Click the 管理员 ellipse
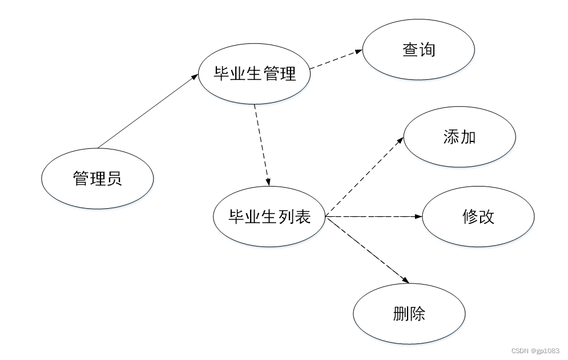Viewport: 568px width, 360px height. click(x=98, y=179)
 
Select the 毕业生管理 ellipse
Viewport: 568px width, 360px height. click(x=254, y=74)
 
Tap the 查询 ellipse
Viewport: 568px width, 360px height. click(x=418, y=50)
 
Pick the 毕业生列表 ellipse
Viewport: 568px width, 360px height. click(x=269, y=217)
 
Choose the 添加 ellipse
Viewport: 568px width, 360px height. click(x=460, y=137)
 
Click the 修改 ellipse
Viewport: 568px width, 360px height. click(x=478, y=217)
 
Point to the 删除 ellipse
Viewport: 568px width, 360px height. click(x=409, y=314)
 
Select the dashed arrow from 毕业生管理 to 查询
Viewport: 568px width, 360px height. click(x=336, y=59)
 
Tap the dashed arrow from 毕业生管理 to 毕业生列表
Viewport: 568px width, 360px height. click(x=261, y=145)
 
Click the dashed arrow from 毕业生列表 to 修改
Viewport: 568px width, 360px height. click(x=374, y=217)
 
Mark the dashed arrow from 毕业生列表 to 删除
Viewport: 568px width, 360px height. click(x=368, y=250)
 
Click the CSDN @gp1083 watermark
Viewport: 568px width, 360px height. click(x=535, y=350)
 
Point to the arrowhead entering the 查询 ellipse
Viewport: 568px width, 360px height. click(x=358, y=51)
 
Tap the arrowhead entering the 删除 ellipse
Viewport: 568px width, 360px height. click(x=406, y=280)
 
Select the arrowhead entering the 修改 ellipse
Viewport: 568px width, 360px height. click(x=418, y=217)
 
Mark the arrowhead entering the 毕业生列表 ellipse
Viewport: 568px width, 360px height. click(x=268, y=181)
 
